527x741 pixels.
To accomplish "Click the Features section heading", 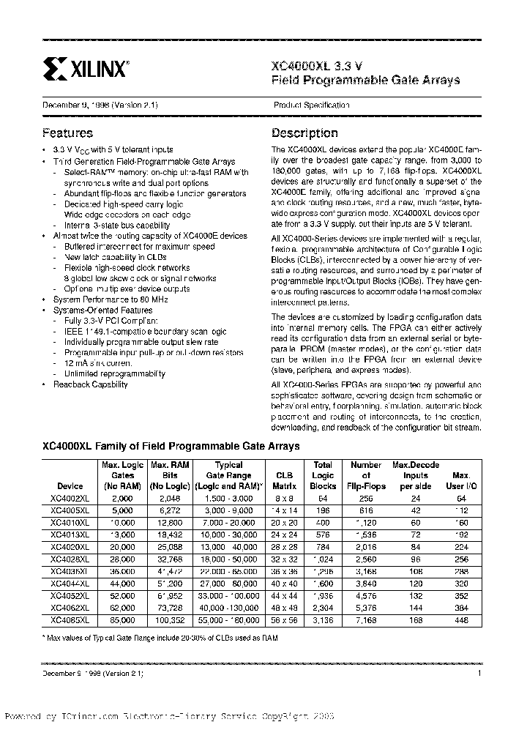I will click(67, 133).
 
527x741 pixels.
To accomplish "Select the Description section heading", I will click(304, 133).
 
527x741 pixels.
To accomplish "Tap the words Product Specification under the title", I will click(311, 105).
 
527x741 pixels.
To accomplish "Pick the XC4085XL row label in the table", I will click(70, 619).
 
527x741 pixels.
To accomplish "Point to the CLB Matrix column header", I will click(281, 480).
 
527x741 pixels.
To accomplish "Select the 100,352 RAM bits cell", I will click(169, 619).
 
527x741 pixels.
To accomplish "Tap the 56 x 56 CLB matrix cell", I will click(281, 619).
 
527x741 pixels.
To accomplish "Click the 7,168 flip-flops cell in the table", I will click(366, 619).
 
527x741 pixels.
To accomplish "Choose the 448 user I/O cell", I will click(461, 619).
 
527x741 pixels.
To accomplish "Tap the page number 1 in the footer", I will click(479, 672).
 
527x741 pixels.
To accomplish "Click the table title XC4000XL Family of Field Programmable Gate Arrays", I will click(171, 446).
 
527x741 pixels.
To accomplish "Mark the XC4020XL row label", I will click(70, 546).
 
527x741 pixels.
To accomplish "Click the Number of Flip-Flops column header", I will click(366, 475).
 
